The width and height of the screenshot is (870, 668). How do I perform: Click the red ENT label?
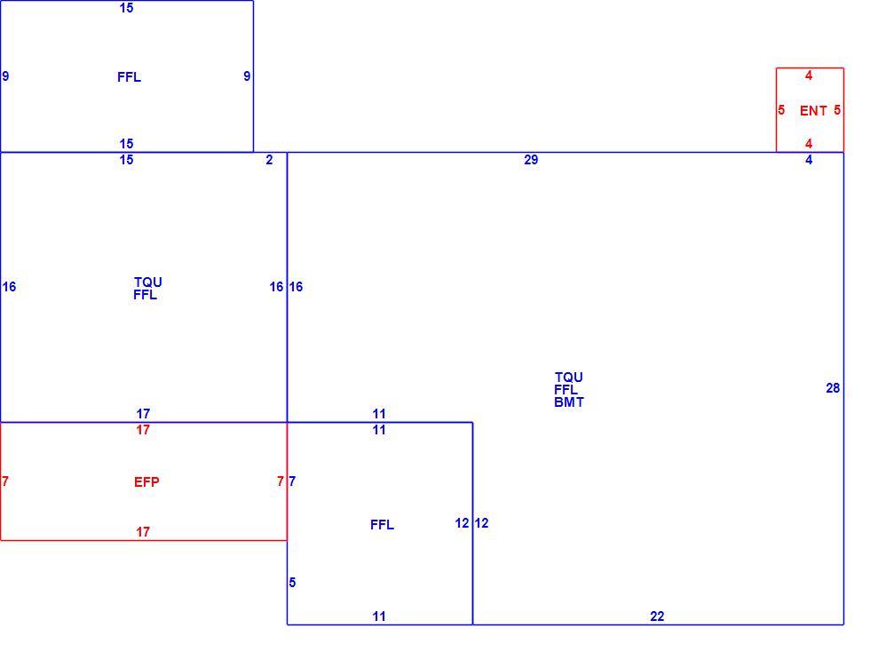pyautogui.click(x=813, y=111)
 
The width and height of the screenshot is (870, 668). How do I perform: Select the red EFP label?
pyautogui.click(x=146, y=482)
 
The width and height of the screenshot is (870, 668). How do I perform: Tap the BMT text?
pyautogui.click(x=569, y=402)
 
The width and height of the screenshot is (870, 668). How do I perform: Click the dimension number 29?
pyautogui.click(x=531, y=160)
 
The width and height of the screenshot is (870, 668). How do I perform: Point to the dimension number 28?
pyautogui.click(x=833, y=388)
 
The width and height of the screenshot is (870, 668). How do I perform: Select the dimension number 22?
pyautogui.click(x=657, y=616)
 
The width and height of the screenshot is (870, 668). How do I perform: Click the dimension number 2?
pyautogui.click(x=269, y=160)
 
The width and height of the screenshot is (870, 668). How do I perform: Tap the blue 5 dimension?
pyautogui.click(x=292, y=583)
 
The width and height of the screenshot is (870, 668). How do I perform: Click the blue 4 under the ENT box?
pyautogui.click(x=809, y=160)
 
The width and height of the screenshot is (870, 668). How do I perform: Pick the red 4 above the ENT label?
pyautogui.click(x=809, y=76)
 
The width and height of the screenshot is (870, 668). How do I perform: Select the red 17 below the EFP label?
pyautogui.click(x=143, y=532)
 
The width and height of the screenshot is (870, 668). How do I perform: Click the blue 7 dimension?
pyautogui.click(x=292, y=481)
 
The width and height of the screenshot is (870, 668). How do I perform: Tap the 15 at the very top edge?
pyautogui.click(x=126, y=8)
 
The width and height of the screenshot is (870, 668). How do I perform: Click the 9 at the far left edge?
pyautogui.click(x=5, y=76)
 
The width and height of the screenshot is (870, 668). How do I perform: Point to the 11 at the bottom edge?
pyautogui.click(x=379, y=616)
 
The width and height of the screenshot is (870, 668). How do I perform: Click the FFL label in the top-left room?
pyautogui.click(x=130, y=77)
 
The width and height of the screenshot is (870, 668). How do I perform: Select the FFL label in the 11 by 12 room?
pyautogui.click(x=383, y=525)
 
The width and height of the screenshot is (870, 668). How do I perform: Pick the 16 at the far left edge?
pyautogui.click(x=10, y=287)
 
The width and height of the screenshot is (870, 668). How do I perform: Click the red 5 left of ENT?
pyautogui.click(x=781, y=110)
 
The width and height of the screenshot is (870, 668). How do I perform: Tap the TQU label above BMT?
pyautogui.click(x=569, y=378)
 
